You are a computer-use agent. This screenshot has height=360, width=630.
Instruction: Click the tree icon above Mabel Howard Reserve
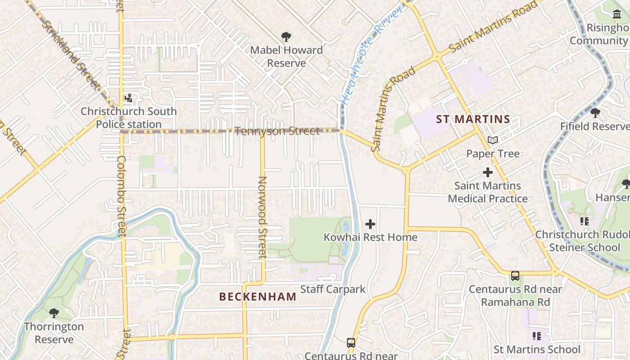[286, 36]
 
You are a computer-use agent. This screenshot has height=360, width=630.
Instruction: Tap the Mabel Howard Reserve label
[286, 56]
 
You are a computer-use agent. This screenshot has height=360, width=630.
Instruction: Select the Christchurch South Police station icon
[129, 98]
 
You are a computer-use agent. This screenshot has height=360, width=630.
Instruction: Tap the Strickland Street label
[71, 54]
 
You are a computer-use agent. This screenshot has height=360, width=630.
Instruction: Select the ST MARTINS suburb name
[473, 119]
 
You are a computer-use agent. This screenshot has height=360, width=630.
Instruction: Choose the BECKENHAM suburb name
[258, 297]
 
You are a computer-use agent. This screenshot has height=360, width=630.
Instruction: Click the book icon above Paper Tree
[493, 140]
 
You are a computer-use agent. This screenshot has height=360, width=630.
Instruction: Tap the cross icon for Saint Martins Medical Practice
[488, 172]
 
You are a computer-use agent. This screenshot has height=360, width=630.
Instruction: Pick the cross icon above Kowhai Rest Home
[370, 224]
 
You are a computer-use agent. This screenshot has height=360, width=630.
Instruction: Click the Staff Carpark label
[333, 289]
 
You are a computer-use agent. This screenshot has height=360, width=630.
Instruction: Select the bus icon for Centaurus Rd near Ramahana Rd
[515, 276]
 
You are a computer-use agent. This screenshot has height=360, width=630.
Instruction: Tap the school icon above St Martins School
[536, 336]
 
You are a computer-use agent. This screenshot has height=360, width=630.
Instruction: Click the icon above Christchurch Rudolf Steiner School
[584, 221]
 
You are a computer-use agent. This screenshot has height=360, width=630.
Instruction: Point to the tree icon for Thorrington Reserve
[54, 313]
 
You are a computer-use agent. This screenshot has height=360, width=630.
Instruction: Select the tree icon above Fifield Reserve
[595, 112]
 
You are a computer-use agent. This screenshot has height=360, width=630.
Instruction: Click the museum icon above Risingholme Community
[617, 14]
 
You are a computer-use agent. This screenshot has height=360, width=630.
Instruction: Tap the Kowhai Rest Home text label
[370, 237]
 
